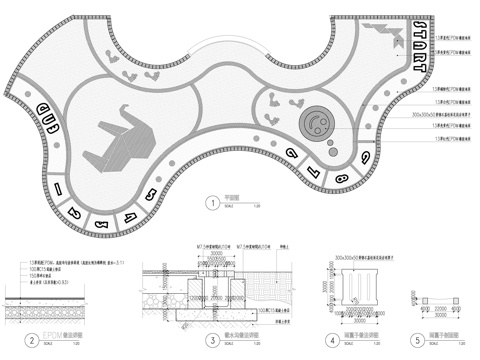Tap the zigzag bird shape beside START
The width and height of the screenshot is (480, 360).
coord(382,37)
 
